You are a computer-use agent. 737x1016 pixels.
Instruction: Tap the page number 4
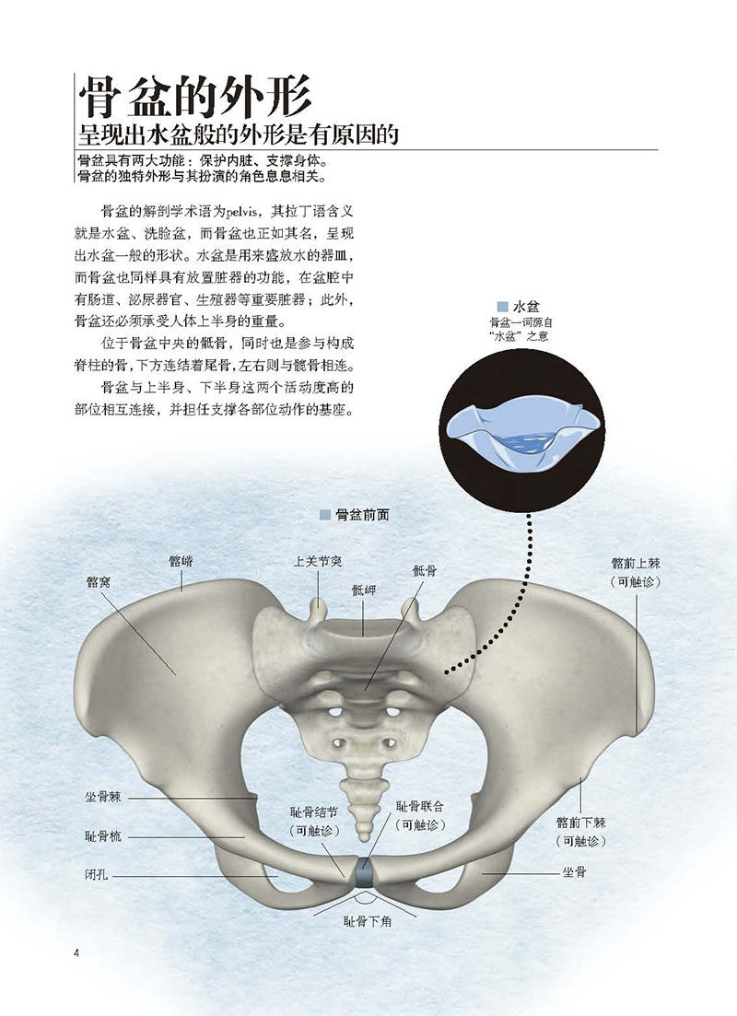76,953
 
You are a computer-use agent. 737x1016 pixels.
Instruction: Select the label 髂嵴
181,561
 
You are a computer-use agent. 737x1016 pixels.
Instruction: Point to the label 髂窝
98,582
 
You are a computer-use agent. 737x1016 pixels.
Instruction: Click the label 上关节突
318,561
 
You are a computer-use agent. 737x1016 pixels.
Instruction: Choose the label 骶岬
363,590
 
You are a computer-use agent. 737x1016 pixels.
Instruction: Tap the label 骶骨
425,570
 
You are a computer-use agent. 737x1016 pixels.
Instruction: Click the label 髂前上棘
636,563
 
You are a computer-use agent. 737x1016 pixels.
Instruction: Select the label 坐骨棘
103,797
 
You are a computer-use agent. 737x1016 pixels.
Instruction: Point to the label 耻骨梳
103,835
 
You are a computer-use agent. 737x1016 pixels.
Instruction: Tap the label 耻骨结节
314,812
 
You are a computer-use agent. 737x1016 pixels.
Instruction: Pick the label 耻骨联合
420,806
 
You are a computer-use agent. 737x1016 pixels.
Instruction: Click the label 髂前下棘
580,823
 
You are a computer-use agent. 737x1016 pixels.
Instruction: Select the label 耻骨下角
368,921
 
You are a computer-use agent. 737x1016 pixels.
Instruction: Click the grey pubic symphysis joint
364,873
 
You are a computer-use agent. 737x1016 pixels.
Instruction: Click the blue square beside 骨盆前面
325,515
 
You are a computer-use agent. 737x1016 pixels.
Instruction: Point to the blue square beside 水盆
502,307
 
